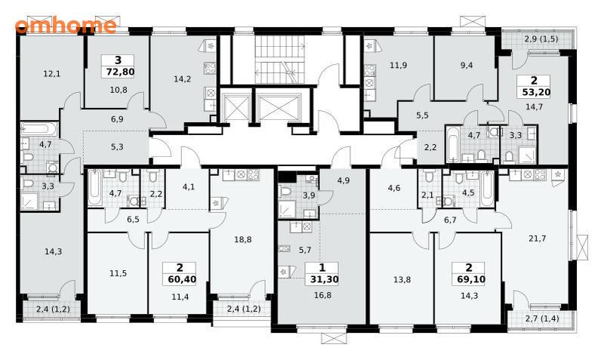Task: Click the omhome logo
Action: pyautogui.click(x=66, y=26)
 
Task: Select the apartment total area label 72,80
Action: pyautogui.click(x=119, y=72)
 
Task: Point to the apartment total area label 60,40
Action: pyautogui.click(x=182, y=278)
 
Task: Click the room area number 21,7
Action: pyautogui.click(x=537, y=238)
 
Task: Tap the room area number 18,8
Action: pyautogui.click(x=242, y=239)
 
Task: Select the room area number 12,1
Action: pyautogui.click(x=51, y=73)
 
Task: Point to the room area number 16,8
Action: pyautogui.click(x=322, y=295)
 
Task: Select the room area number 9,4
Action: pyautogui.click(x=467, y=65)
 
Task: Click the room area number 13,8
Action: pyautogui.click(x=402, y=279)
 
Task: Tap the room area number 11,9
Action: pyautogui.click(x=398, y=65)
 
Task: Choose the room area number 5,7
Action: pyautogui.click(x=305, y=251)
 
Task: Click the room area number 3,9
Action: pyautogui.click(x=309, y=195)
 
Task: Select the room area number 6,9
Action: pyautogui.click(x=117, y=119)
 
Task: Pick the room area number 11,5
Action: pyautogui.click(x=118, y=273)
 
